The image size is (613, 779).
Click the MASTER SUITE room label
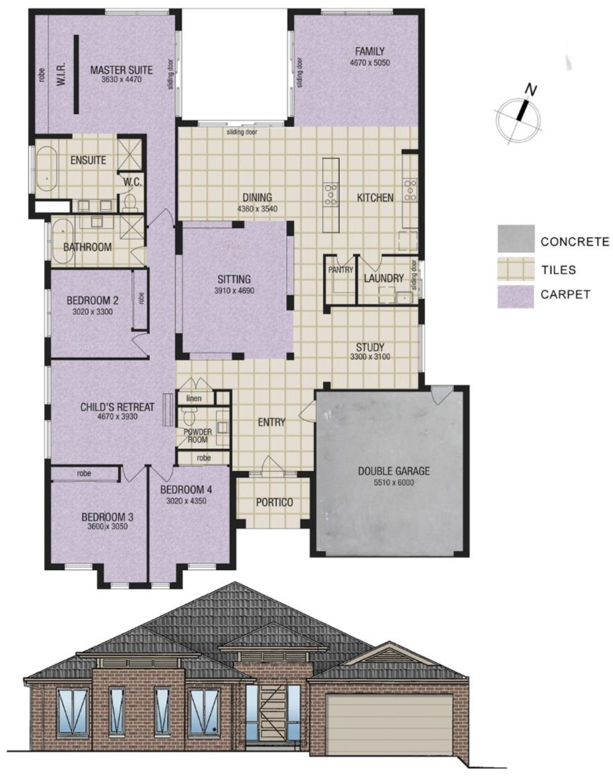tap(121, 70)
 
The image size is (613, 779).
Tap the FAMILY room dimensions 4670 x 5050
tap(369, 63)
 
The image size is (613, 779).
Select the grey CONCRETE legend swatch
tap(515, 239)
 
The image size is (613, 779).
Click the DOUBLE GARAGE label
tap(394, 470)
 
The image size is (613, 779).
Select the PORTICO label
tap(274, 502)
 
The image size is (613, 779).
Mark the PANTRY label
tap(341, 270)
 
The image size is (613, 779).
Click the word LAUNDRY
tap(383, 278)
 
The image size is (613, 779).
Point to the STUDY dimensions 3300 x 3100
tap(370, 356)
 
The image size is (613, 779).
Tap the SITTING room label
tap(234, 279)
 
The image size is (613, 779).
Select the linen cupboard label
tap(193, 398)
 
